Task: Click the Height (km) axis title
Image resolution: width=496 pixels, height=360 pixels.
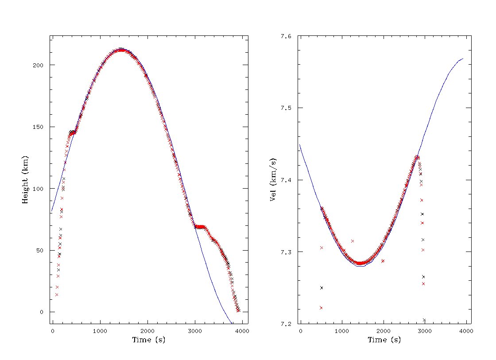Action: [x=25, y=179]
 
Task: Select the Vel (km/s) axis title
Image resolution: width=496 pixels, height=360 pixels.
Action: [x=273, y=179]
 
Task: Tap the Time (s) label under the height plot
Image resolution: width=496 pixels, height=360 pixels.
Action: [x=148, y=340]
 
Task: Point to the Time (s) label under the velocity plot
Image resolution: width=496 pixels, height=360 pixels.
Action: [x=384, y=340]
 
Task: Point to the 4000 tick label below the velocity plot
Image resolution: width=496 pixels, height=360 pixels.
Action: [x=466, y=331]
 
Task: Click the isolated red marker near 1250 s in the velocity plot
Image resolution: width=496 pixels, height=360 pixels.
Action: [x=353, y=241]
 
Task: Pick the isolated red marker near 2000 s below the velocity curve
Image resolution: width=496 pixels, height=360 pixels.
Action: [x=383, y=261]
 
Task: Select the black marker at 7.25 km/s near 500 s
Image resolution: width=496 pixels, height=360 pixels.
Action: [x=322, y=288]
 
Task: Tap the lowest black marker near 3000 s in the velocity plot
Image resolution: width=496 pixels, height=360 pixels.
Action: [x=424, y=320]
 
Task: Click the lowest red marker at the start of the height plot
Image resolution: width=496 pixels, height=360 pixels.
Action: [x=57, y=294]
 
